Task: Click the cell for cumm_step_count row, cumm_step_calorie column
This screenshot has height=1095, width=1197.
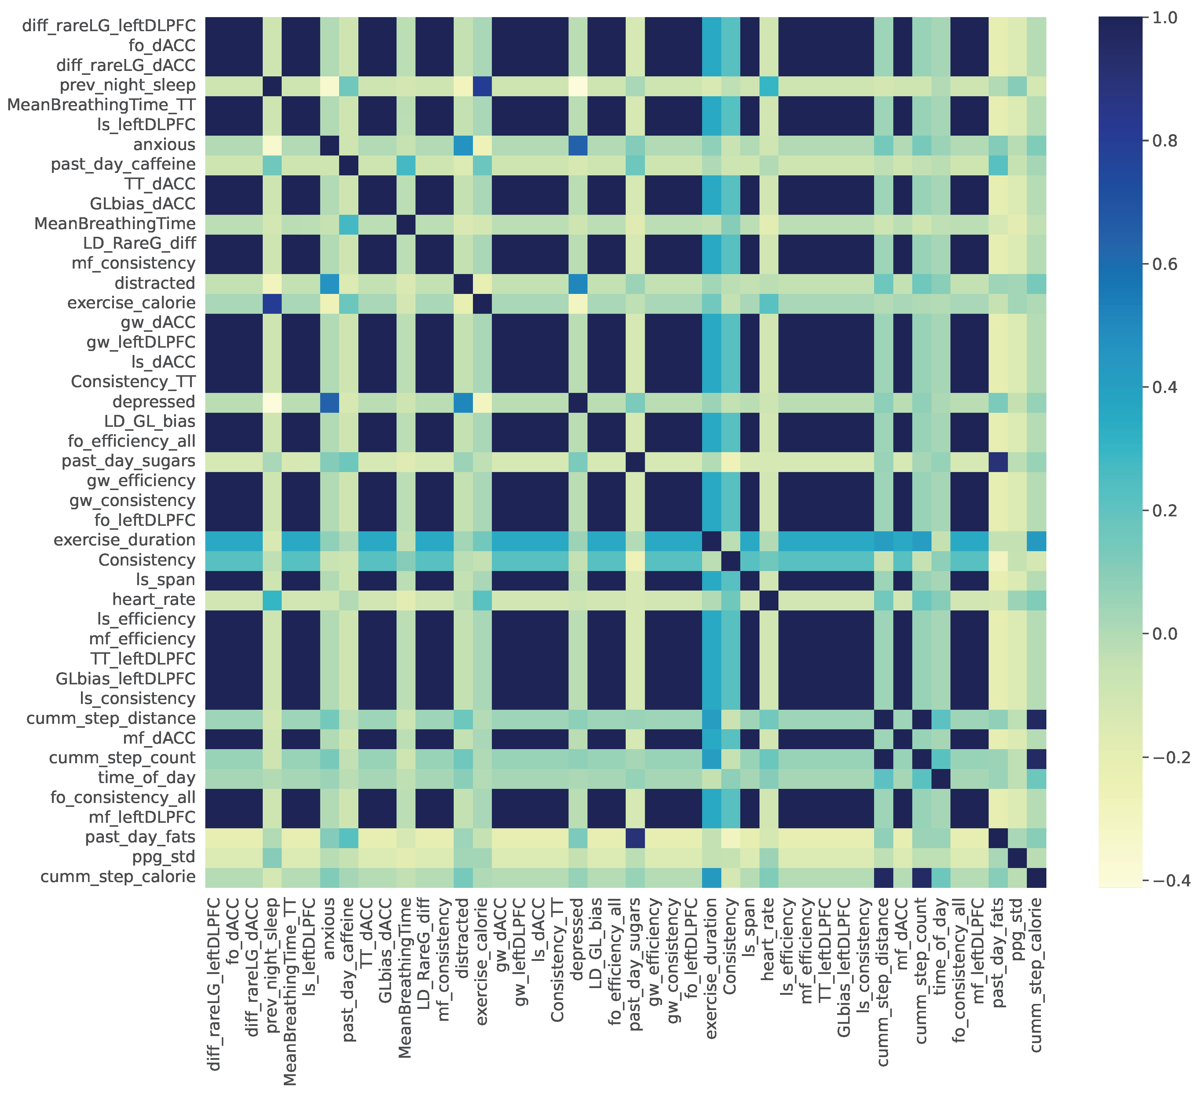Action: (1036, 758)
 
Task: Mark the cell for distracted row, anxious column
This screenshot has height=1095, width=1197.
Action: (330, 283)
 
